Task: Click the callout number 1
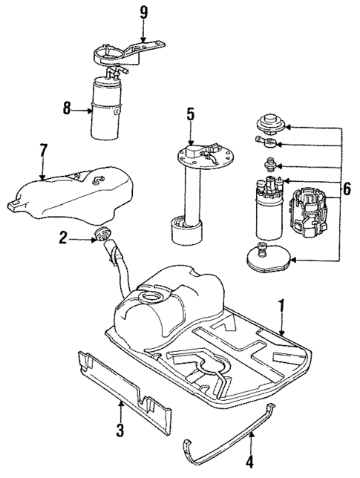tap(281, 305)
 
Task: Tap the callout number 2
tap(64, 238)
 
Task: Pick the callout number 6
tap(347, 190)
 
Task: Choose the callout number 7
tap(43, 151)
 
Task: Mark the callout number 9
tap(144, 12)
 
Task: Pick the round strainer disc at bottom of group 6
tap(268, 260)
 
